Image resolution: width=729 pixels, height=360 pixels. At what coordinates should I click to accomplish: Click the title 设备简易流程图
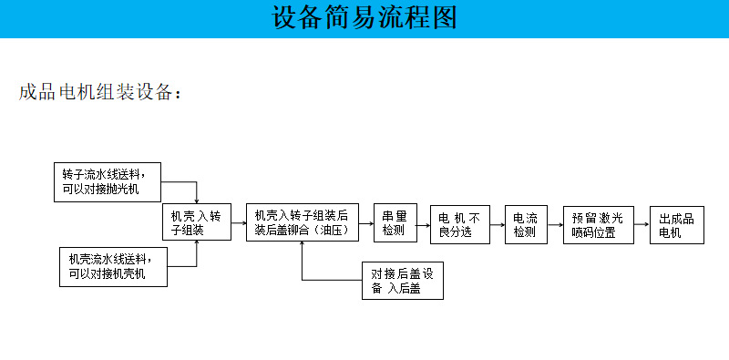coord(364,18)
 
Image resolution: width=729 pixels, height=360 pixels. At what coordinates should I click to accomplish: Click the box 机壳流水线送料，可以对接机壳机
coord(113,266)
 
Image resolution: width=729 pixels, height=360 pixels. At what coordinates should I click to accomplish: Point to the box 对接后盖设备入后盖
coord(402,281)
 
